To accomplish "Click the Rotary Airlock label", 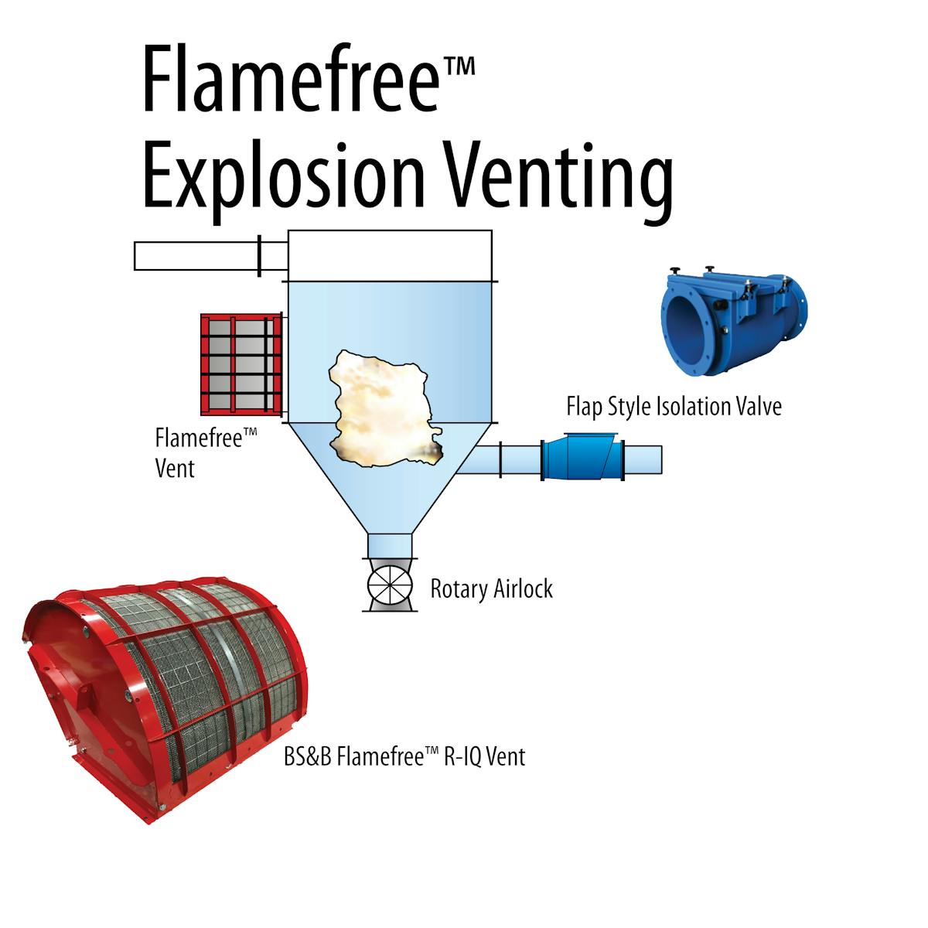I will (491, 589).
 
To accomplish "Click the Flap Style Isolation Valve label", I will (674, 406).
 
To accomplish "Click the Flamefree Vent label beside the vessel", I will (205, 452).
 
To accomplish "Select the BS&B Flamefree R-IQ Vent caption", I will (404, 756).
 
